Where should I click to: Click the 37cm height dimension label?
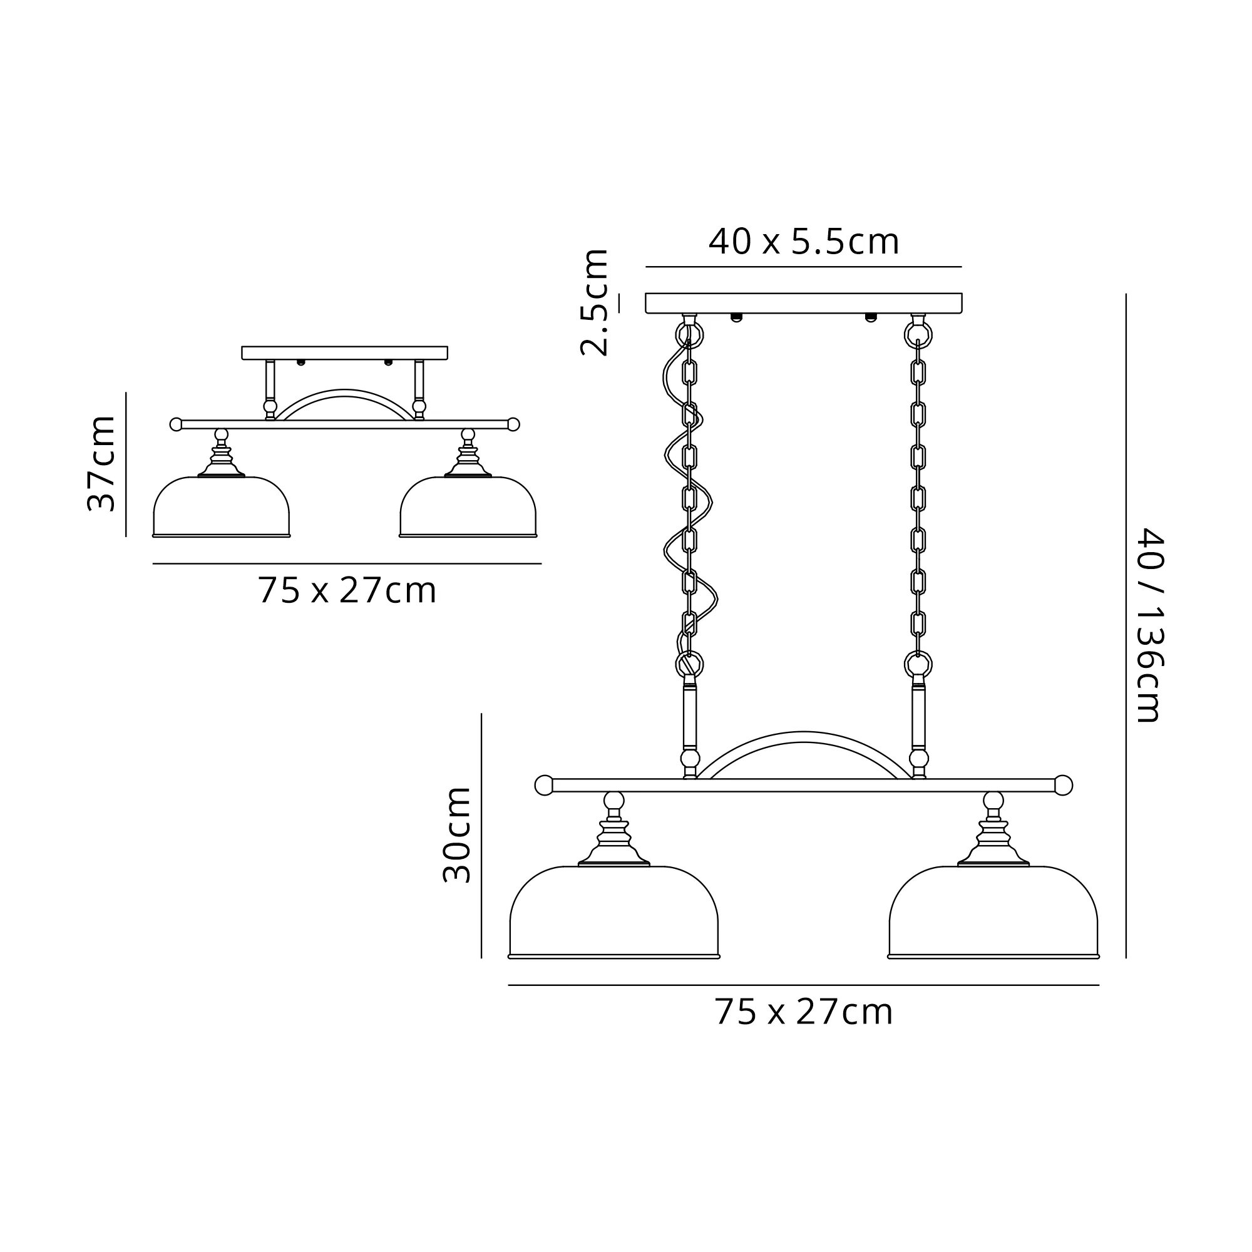pyautogui.click(x=102, y=464)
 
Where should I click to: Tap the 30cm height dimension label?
pyautogui.click(x=457, y=835)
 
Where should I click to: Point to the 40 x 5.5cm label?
pyautogui.click(x=804, y=242)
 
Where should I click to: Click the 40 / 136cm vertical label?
pyautogui.click(x=1152, y=625)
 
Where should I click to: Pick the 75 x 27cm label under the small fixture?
pyautogui.click(x=347, y=590)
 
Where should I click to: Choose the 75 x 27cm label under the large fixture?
pyautogui.click(x=804, y=1012)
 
